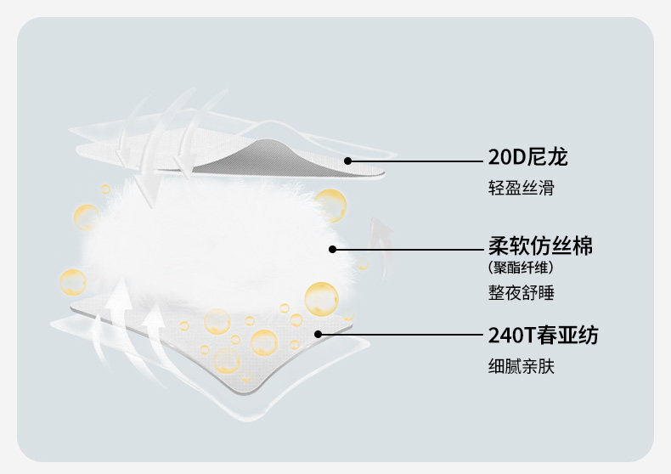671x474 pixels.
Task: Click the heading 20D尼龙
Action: coord(527,157)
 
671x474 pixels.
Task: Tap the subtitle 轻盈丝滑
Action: coord(521,188)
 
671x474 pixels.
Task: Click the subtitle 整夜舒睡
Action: coord(521,294)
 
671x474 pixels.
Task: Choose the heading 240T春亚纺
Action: coord(543,335)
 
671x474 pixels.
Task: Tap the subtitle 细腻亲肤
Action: coord(521,367)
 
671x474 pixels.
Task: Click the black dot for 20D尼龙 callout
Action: coord(347,160)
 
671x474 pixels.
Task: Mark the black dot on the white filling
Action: coord(333,249)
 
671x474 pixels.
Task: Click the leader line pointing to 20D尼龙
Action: coord(416,160)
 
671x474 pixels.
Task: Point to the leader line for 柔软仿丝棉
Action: coord(408,249)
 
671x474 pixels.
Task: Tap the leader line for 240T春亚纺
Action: coord(399,335)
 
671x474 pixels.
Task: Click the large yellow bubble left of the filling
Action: coord(73,282)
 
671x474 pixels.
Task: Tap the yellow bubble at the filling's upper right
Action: coord(330,205)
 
